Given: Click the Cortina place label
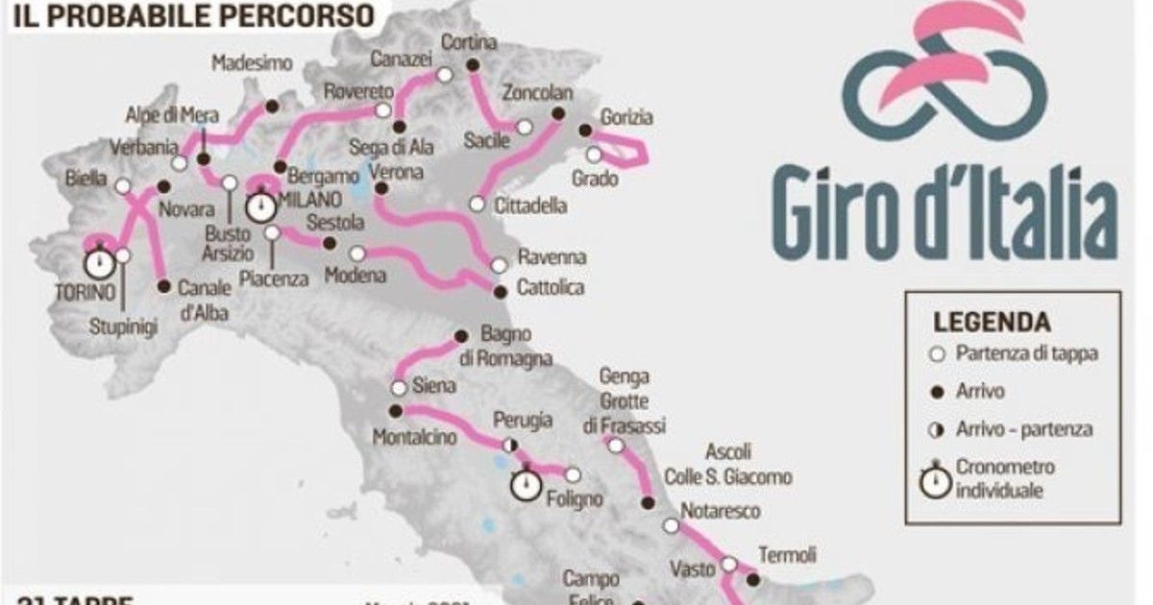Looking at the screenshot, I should click(469, 43).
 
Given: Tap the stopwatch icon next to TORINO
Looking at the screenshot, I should click(99, 262).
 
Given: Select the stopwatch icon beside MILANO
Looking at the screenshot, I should click(259, 206).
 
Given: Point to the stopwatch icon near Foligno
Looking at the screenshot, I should click(525, 484).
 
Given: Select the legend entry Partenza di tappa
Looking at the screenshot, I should click(1026, 353).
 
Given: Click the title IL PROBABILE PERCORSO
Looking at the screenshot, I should click(187, 14).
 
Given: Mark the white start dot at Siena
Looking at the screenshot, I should click(398, 388).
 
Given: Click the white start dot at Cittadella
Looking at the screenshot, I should click(477, 204).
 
